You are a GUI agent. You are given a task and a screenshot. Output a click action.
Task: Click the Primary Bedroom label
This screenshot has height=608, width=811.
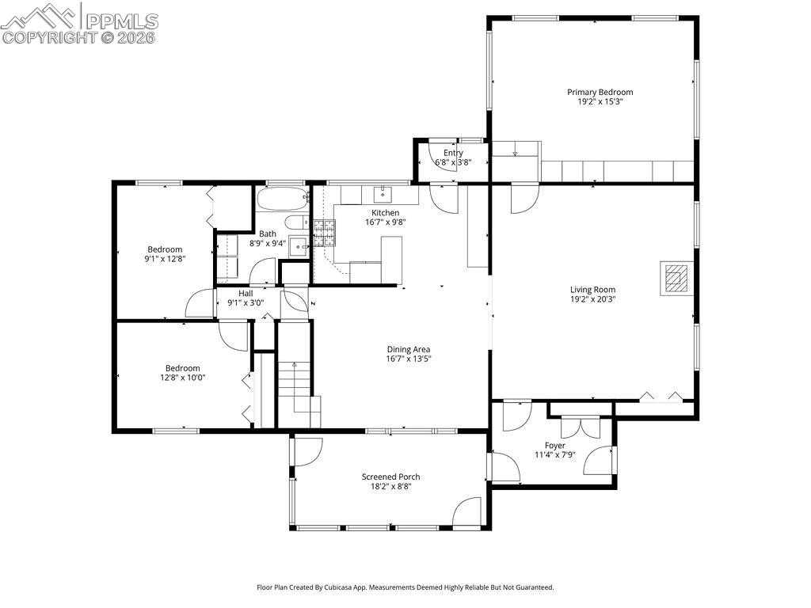click(x=600, y=92)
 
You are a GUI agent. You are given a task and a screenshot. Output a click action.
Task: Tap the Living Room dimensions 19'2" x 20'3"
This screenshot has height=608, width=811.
click(x=592, y=299)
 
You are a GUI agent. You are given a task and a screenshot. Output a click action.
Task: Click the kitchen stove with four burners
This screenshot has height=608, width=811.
click(x=324, y=232)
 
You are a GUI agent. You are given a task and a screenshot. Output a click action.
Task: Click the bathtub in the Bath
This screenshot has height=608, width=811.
click(x=281, y=198)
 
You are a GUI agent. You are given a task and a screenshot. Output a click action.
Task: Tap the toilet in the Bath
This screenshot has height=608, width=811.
click(x=295, y=222)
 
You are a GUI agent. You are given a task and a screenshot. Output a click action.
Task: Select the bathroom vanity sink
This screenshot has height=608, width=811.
click(x=299, y=246)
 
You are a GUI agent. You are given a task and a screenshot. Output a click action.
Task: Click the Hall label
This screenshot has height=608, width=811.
click(x=246, y=293)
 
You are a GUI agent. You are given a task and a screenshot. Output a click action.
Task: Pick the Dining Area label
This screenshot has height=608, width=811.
click(x=408, y=349)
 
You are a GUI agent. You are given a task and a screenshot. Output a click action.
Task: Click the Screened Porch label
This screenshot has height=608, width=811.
click(x=390, y=477)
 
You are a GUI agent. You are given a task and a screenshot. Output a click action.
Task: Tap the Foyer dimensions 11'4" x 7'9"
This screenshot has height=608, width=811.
click(x=554, y=454)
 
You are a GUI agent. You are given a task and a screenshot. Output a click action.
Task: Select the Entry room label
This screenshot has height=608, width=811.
click(x=453, y=153)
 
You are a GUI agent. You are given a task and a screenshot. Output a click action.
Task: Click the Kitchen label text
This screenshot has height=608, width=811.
click(x=386, y=213)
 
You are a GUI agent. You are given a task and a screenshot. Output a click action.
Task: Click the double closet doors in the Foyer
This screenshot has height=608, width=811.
click(x=570, y=427)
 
